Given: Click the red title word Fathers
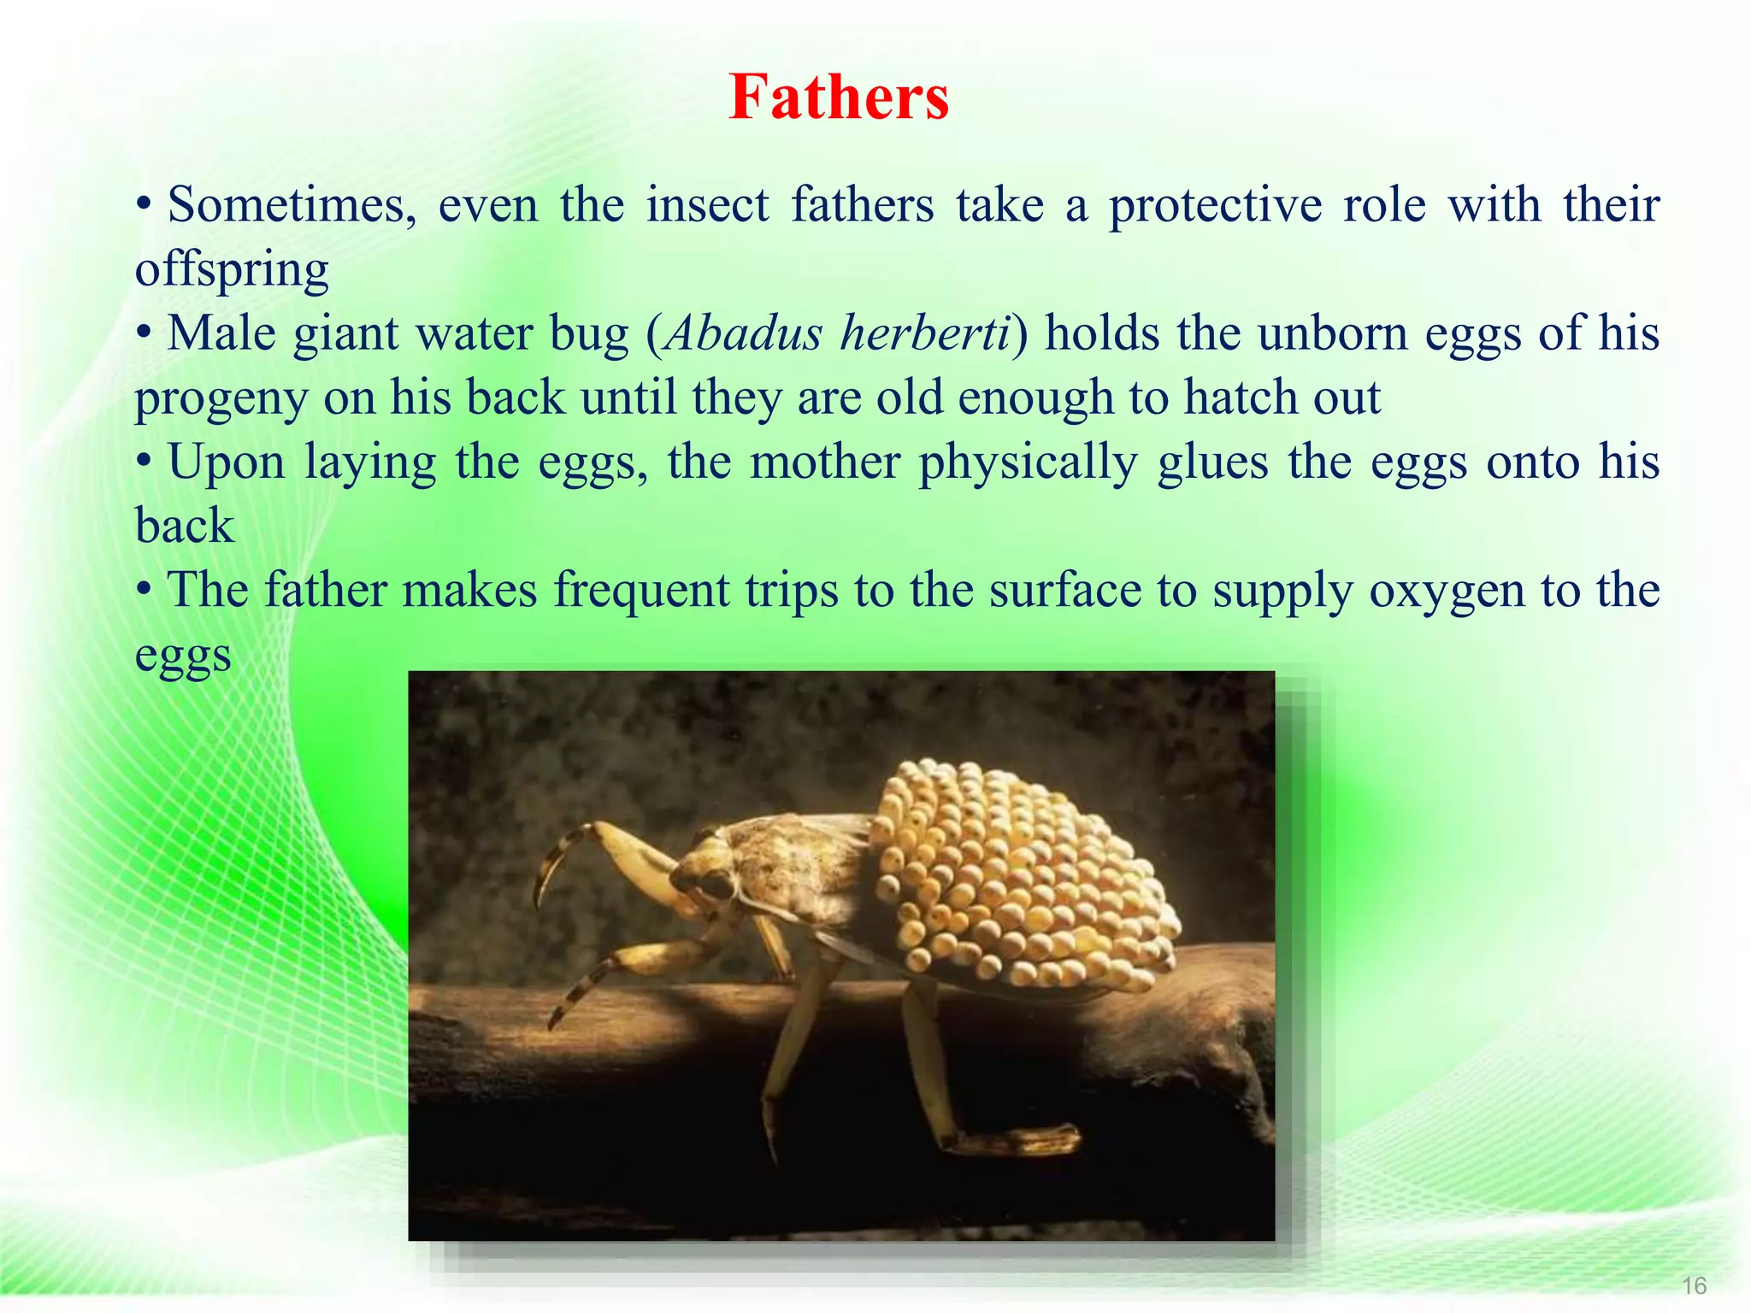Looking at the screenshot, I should [839, 97].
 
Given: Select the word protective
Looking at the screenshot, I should [1215, 205].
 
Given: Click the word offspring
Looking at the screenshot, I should [232, 270].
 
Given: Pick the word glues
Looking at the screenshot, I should [1212, 462].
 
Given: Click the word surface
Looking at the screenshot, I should [1065, 590].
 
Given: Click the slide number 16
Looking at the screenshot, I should [1694, 1286].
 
